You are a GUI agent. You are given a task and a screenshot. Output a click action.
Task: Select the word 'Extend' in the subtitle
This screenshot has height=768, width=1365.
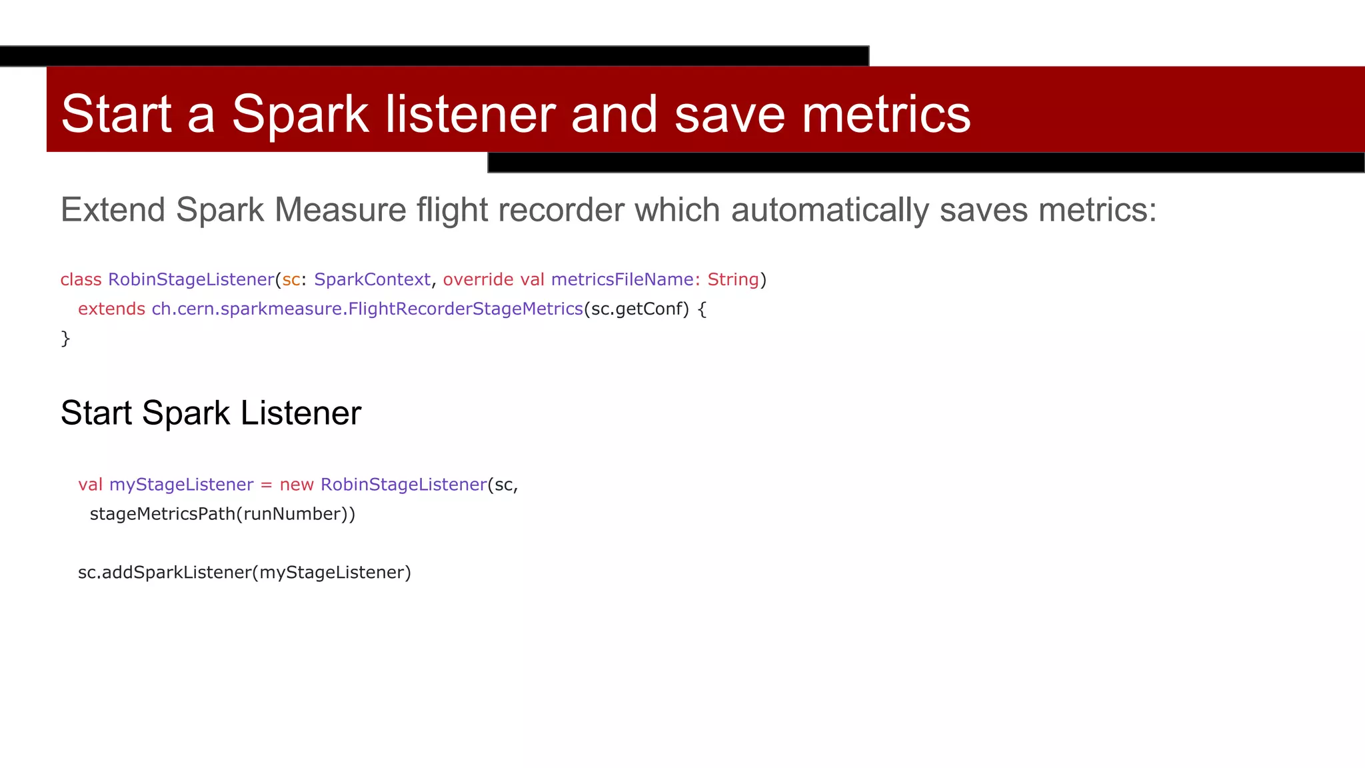[113, 210]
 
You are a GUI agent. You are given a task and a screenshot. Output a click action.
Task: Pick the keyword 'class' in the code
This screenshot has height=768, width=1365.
[81, 279]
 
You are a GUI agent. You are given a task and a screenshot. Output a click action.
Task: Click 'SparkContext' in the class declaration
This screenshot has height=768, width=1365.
[372, 279]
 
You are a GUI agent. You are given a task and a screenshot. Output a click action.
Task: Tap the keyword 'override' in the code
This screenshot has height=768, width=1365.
[478, 279]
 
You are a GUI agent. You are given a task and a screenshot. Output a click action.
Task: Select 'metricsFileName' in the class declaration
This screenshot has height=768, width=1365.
[623, 279]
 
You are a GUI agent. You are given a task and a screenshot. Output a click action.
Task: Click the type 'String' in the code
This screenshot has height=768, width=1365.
[733, 279]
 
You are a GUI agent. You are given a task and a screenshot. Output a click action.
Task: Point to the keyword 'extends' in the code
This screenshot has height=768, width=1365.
[111, 309]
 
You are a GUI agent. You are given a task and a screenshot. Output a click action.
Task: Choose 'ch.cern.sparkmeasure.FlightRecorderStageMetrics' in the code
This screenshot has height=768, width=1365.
[367, 309]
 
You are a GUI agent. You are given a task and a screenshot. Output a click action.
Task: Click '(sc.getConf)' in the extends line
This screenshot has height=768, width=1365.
[637, 309]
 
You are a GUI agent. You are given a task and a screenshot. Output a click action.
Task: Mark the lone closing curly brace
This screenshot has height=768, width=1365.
[65, 339]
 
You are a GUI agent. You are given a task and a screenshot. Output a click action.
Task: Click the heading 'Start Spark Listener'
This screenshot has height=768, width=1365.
[211, 413]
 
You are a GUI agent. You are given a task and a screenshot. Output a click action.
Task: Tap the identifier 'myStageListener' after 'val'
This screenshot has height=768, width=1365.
[181, 485]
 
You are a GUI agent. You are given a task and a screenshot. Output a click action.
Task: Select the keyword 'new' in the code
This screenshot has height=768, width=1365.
[297, 485]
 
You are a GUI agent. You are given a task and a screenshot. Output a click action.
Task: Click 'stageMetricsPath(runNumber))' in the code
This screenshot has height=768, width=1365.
[223, 514]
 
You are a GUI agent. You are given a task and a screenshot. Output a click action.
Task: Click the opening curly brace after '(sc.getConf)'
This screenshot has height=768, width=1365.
[702, 309]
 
